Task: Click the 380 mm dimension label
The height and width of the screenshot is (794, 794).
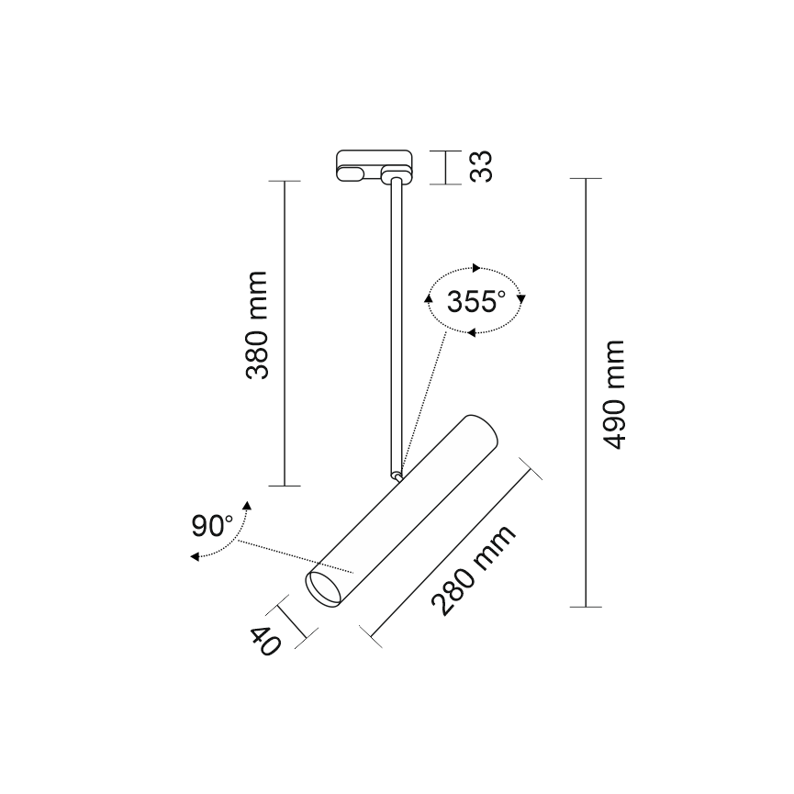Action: tap(256, 325)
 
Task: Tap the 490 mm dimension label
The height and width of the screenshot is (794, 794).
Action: tap(614, 395)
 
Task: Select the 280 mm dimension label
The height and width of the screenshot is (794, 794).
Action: tap(473, 570)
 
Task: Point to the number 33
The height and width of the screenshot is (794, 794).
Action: tap(481, 166)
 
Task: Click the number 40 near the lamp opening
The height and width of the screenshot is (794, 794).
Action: tap(265, 642)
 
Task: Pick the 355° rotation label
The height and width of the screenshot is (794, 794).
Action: tap(476, 302)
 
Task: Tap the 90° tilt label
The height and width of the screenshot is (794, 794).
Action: tap(212, 526)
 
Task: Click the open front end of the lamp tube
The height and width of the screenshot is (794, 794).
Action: tap(323, 589)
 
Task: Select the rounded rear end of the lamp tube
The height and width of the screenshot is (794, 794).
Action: tap(484, 430)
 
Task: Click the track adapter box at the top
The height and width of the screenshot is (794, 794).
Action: tap(375, 165)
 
